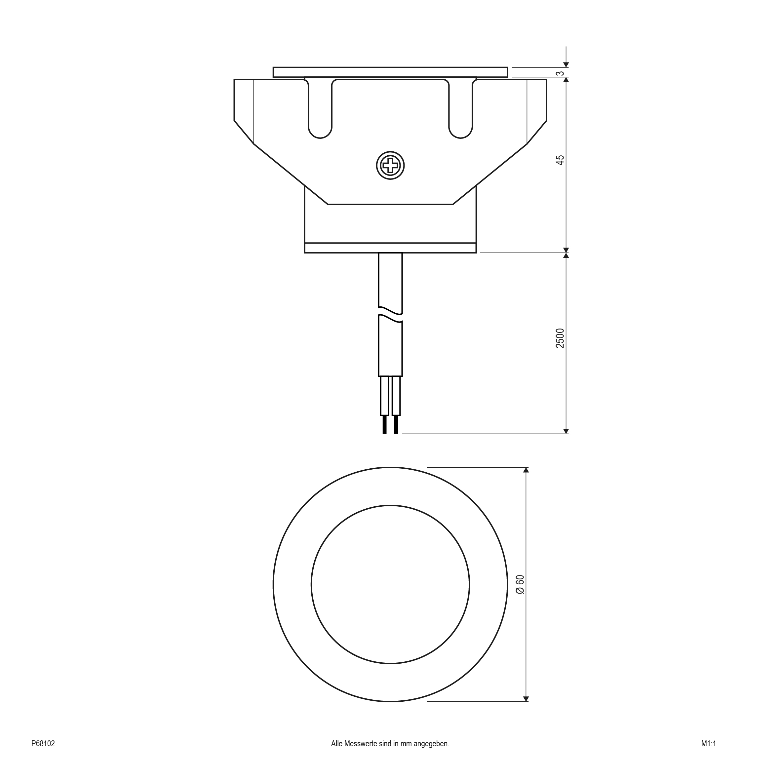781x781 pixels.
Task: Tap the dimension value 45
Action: pyautogui.click(x=560, y=160)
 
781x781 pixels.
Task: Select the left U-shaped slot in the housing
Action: pyautogui.click(x=320, y=109)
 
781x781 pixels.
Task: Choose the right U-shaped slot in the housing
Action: pyautogui.click(x=461, y=109)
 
